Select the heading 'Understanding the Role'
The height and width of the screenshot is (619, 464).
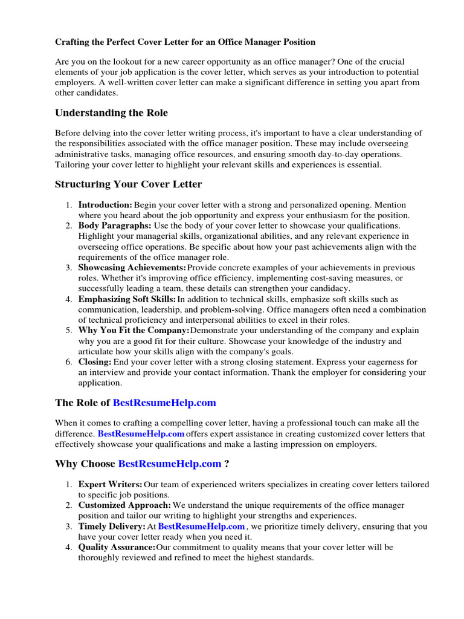[x=111, y=113]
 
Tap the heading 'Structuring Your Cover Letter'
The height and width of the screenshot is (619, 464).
[x=128, y=184]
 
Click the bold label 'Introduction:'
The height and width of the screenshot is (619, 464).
[x=105, y=206]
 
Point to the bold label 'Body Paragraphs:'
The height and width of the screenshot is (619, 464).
[x=115, y=225]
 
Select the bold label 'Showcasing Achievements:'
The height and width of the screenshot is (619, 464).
[x=132, y=268]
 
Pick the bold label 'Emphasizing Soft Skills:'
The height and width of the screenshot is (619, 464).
[x=127, y=299]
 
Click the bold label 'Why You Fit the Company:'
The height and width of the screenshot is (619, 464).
[x=134, y=331]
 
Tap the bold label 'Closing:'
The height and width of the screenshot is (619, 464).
[x=95, y=362]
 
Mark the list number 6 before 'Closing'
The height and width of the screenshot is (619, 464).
[x=69, y=362]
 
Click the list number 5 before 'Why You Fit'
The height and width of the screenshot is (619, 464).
[x=69, y=331]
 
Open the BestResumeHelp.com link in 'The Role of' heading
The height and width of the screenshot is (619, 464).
[x=164, y=403]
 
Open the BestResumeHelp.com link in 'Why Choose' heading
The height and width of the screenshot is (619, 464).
[x=170, y=464]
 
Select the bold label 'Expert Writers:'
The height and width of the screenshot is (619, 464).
[x=111, y=485]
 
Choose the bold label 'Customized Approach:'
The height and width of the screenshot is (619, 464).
[x=124, y=505]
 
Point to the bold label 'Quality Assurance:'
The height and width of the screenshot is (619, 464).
[x=117, y=547]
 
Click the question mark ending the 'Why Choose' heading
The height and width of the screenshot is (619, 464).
[x=227, y=464]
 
